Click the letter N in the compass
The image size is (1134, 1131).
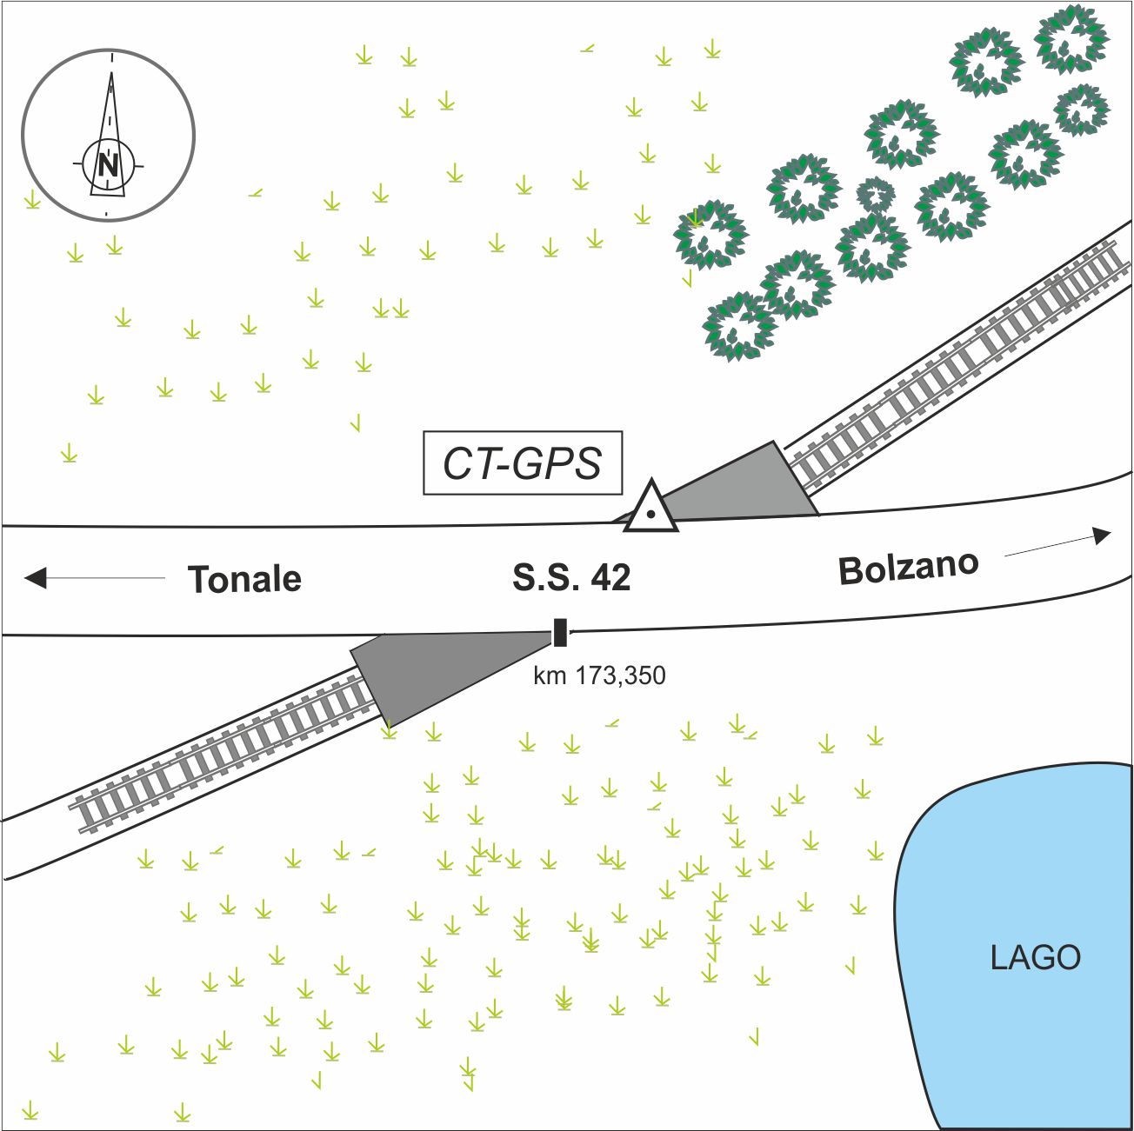(x=108, y=164)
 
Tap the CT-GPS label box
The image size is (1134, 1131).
(x=523, y=463)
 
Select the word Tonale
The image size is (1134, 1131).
(x=245, y=579)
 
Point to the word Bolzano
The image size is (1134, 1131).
(x=909, y=568)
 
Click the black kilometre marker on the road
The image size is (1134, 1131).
(x=561, y=633)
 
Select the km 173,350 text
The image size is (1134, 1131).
(x=599, y=675)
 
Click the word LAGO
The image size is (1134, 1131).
(x=1036, y=957)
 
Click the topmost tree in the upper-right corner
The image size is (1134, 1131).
(x=1071, y=38)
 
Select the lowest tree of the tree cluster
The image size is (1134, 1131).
(x=738, y=326)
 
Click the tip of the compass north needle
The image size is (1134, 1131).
(x=112, y=74)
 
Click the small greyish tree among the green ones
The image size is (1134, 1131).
(x=876, y=194)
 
